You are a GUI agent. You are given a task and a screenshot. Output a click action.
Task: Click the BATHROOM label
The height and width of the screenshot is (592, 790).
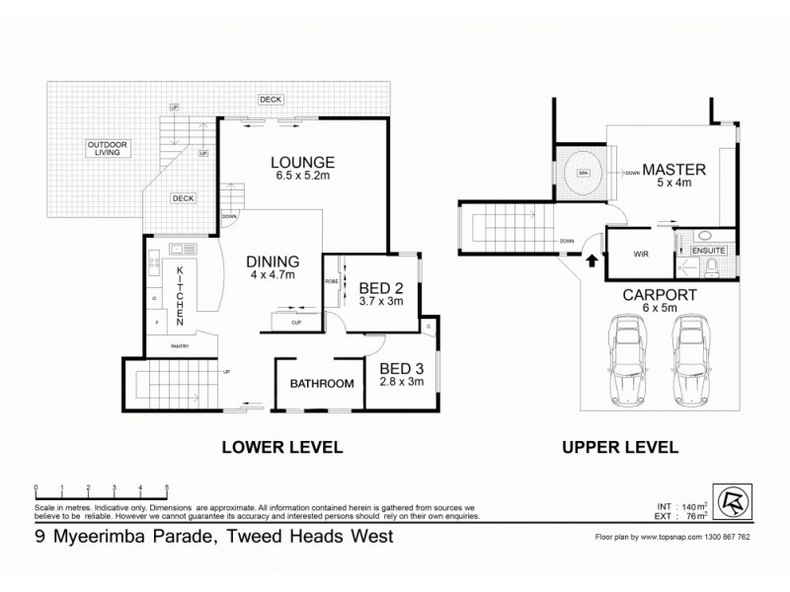[321, 383]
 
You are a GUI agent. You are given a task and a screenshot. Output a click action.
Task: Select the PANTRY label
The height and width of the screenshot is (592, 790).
[178, 346]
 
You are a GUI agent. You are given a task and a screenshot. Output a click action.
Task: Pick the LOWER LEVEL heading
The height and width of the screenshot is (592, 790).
[281, 447]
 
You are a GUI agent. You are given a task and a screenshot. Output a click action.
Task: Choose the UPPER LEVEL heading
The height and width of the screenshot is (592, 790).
[620, 447]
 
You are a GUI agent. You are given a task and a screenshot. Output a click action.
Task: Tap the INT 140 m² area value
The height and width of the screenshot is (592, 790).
[693, 502]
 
